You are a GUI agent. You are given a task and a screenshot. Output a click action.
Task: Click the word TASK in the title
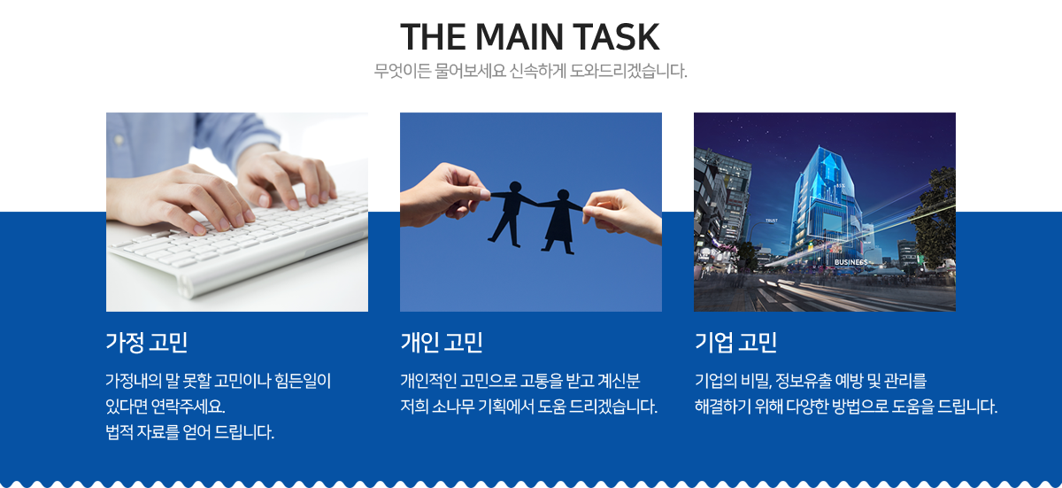616,37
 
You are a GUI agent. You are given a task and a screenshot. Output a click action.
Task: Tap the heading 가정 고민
147,342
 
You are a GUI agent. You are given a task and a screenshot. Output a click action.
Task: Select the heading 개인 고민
442,342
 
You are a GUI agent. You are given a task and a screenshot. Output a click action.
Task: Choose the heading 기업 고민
735,342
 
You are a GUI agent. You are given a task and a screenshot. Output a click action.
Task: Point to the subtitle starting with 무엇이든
530,71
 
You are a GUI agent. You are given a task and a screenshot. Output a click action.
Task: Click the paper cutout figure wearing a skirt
560,221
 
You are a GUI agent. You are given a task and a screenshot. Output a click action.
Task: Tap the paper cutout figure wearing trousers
512,213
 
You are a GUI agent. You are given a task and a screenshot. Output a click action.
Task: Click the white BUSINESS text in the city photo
850,262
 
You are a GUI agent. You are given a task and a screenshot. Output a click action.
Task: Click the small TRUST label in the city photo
772,221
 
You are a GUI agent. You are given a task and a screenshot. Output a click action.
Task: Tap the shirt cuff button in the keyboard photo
119,140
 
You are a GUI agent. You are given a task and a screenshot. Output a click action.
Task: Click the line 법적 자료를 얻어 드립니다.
189,432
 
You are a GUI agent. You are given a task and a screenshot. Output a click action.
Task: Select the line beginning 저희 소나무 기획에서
528,407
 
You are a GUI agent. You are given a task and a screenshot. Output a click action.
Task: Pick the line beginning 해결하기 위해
846,407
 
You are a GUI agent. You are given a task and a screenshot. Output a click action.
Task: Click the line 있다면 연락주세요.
165,407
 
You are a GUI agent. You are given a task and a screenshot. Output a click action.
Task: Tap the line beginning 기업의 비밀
811,381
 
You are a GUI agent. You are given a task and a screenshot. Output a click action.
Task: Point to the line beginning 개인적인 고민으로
520,381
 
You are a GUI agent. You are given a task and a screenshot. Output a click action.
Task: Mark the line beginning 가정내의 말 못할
218,381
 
